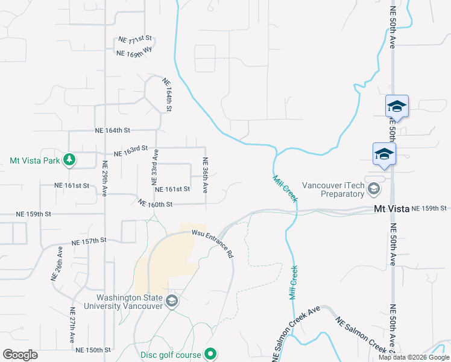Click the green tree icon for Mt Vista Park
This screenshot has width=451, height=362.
[71, 160]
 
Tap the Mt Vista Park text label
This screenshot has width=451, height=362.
[35, 160]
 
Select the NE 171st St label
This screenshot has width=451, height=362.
[136, 40]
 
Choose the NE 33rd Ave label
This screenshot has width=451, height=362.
[155, 167]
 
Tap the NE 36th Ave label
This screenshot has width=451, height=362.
[206, 176]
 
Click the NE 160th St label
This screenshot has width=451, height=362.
[156, 204]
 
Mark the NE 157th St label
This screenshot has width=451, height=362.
[89, 241]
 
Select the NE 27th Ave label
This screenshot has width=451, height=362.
[73, 326]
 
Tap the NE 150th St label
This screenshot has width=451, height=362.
[93, 349]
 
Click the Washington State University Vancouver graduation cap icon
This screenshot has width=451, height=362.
[172, 301]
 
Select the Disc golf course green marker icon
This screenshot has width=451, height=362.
[210, 354]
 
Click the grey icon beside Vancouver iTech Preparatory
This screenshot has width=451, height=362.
[374, 190]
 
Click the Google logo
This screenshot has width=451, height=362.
[20, 354]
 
